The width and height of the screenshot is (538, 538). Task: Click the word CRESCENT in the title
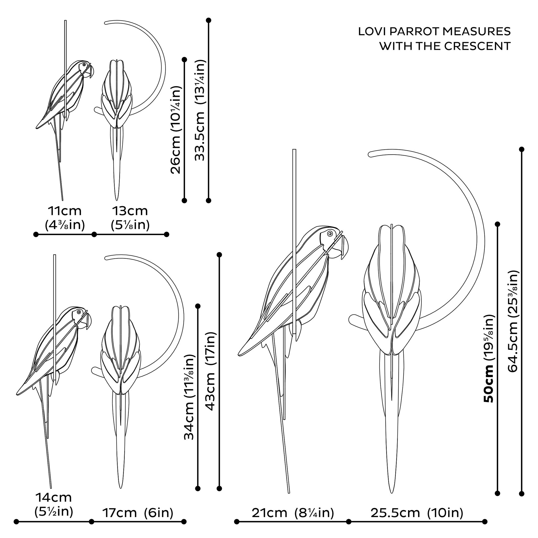click(478, 46)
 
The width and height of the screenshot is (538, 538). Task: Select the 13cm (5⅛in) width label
click(130, 218)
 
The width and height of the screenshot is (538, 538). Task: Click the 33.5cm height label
click(200, 110)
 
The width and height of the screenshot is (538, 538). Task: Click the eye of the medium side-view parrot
click(79, 312)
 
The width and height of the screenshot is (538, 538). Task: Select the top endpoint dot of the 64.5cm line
click(522, 150)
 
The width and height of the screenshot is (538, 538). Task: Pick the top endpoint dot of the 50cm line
click(498, 224)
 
